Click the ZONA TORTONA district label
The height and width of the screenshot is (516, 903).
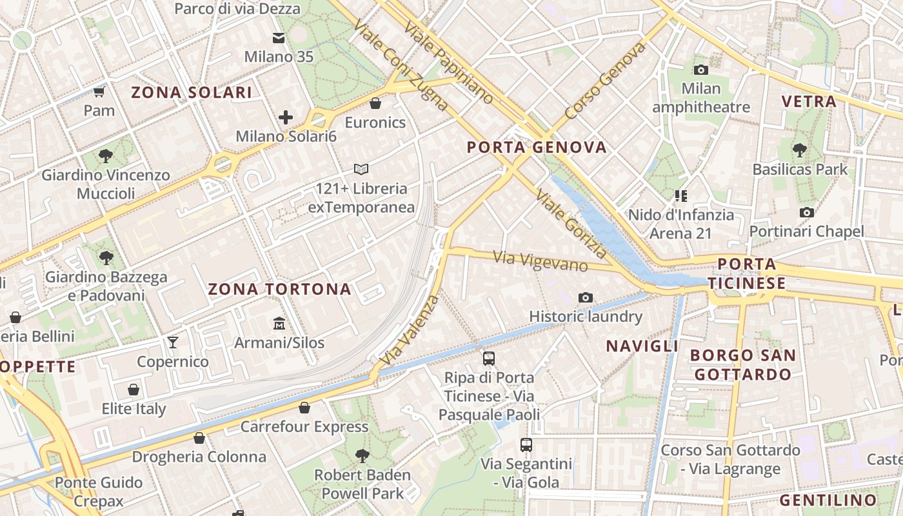coord(279,289)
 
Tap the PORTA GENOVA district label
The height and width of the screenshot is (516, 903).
coord(537,148)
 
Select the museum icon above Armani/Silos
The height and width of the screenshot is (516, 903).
coord(279,322)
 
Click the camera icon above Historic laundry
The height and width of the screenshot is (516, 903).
coord(586,297)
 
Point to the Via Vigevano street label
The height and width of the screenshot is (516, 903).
coord(541,261)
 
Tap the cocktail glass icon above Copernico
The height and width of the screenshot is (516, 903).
coord(173,342)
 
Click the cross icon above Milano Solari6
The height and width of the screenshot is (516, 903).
coord(286,117)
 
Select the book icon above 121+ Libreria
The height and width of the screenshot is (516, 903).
coord(361,170)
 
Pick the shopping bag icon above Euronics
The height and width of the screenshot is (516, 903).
coord(375,103)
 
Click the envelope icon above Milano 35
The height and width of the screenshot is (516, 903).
coord(279,38)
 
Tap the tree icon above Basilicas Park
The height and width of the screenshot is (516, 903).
coord(800,150)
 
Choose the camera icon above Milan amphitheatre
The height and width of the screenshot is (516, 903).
coord(701,70)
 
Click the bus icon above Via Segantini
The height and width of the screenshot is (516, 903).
coord(526,444)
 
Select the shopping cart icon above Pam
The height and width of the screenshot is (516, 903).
coord(99,92)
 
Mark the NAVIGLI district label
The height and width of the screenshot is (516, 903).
coord(642,346)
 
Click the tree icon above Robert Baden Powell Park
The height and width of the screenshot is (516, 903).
coord(362,456)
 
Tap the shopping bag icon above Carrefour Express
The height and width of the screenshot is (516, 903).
coord(304,408)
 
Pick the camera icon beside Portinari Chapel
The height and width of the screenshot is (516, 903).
coord(806,212)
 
